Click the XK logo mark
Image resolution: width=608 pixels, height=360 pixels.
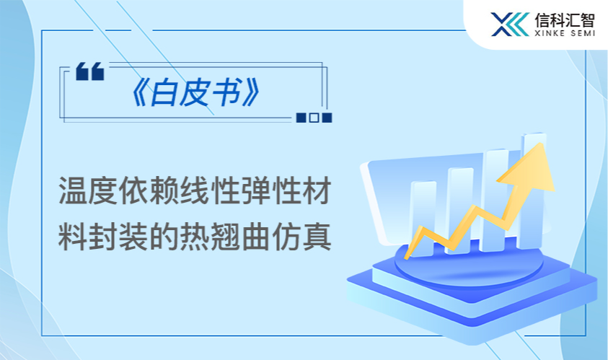(x=509, y=24)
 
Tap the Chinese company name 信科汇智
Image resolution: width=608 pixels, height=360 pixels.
(x=565, y=19)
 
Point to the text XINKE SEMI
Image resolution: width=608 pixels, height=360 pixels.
(x=565, y=34)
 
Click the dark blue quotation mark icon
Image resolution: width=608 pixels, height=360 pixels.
(x=90, y=71)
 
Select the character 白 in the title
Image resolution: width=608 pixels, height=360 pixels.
(x=163, y=93)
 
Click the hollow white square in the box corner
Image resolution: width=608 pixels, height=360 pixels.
(x=314, y=118)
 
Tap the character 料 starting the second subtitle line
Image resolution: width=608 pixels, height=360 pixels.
(x=74, y=235)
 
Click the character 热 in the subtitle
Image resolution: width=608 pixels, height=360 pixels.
(x=194, y=235)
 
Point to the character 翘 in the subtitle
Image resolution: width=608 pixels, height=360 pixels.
(x=224, y=235)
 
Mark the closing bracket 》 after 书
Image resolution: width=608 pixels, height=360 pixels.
(x=250, y=93)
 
